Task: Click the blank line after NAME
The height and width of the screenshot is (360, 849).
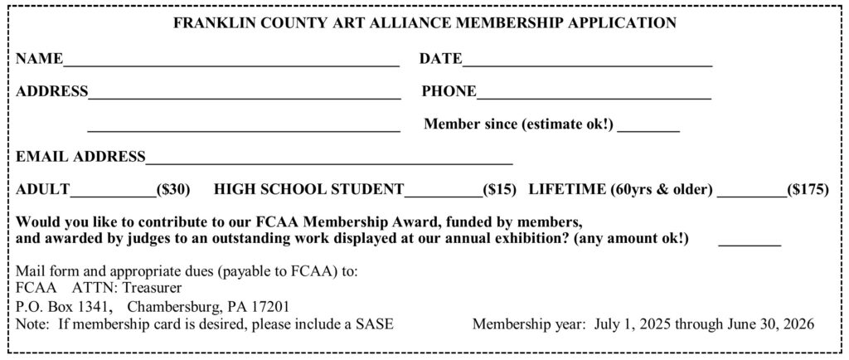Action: pos(231,63)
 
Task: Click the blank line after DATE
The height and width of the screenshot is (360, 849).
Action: pos(588,63)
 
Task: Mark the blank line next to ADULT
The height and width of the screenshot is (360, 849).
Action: pos(114,194)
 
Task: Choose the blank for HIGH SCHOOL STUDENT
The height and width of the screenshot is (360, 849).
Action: pos(443,194)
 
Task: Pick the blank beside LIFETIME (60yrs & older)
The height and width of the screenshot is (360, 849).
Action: pos(751,194)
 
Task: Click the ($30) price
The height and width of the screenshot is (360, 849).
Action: pos(174,189)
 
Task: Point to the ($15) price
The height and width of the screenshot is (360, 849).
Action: pos(500,189)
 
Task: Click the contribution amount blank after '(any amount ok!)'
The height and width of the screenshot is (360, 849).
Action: pos(749,244)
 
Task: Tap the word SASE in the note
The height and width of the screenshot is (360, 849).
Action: pos(376,324)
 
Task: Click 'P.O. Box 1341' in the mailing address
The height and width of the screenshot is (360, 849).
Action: pos(64,306)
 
